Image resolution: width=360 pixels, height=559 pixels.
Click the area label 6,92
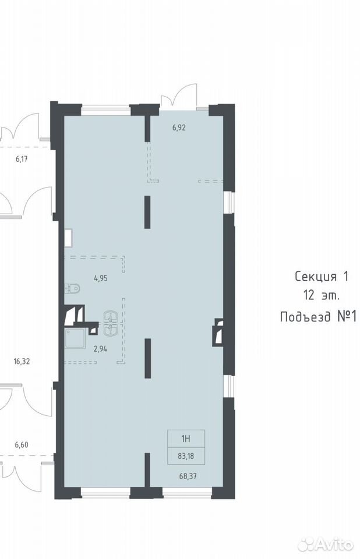coord(179,128)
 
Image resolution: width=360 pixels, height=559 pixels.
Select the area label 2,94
coord(100,349)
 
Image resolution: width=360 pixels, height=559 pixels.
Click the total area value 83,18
coord(186,455)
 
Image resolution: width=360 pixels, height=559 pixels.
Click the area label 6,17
coord(22,159)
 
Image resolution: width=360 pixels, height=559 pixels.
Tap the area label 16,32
coord(22,362)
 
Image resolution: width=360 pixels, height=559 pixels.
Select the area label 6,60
coord(22,444)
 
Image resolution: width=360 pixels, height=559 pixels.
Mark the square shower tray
coord(75,338)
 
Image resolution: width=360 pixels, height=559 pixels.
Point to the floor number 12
coord(309,295)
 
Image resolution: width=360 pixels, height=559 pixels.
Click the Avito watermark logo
coord(326,545)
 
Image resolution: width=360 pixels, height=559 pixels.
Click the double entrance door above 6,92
coord(179,95)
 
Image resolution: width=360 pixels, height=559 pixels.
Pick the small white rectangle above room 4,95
coord(69,238)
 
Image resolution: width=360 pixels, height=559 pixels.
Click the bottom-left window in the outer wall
coord(105,493)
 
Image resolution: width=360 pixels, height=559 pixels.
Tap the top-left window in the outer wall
coord(105,110)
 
